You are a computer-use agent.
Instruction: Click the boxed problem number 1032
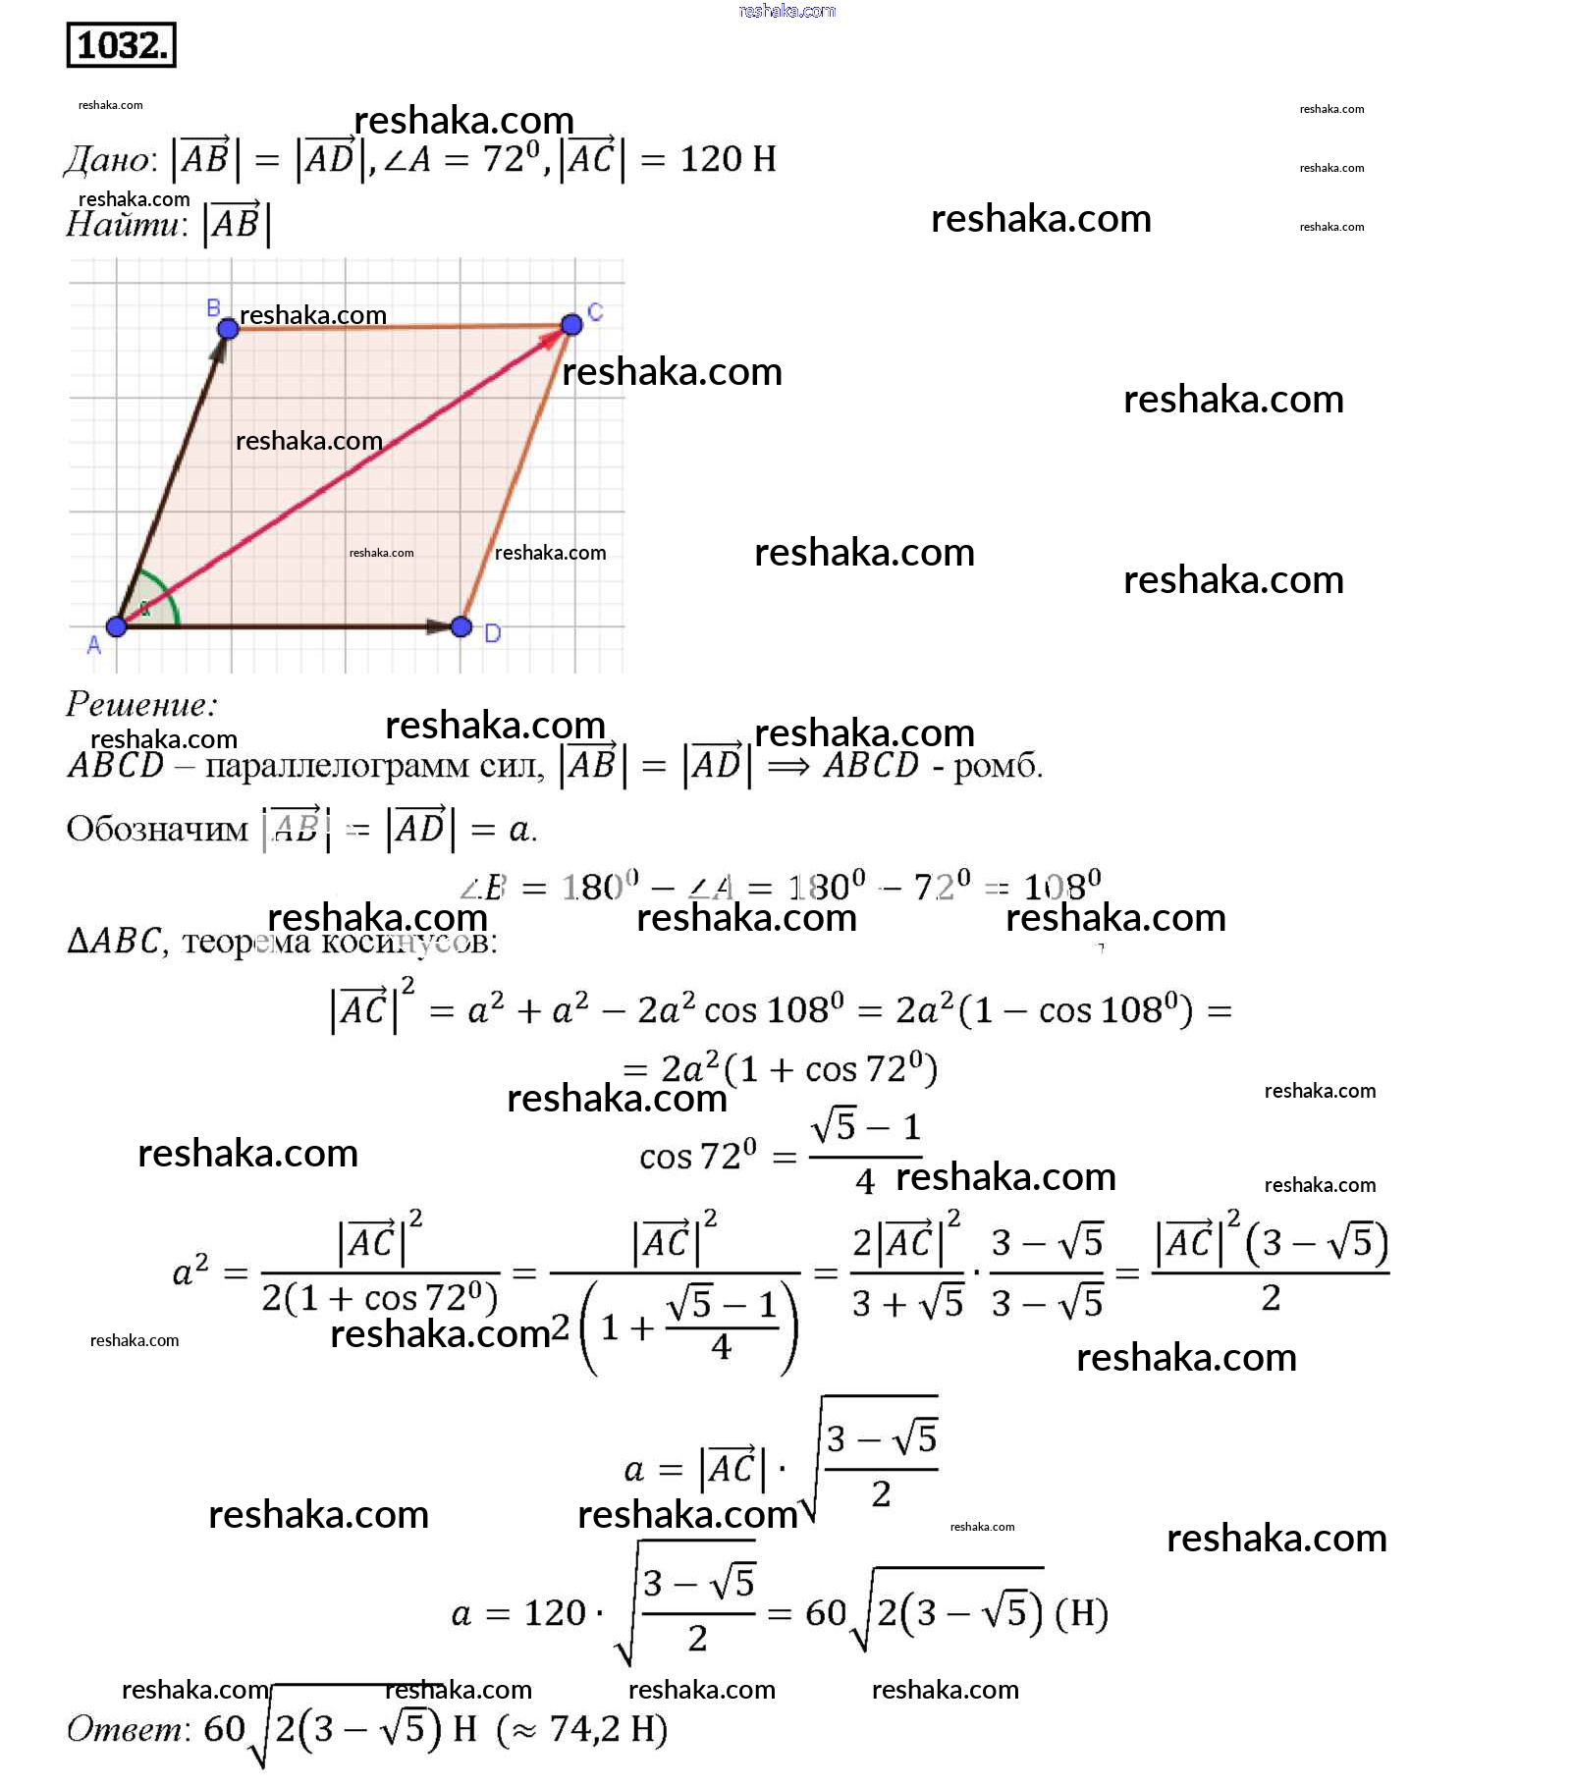(x=121, y=45)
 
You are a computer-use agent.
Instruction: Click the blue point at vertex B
(x=227, y=328)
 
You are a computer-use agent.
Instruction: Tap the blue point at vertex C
(x=571, y=324)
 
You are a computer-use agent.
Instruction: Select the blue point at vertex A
(x=117, y=625)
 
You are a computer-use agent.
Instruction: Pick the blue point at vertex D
(x=461, y=626)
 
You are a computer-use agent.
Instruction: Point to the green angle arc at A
(x=167, y=595)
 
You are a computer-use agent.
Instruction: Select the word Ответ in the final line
(x=127, y=1728)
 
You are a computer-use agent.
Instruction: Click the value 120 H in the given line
(x=728, y=159)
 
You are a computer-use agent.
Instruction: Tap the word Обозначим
(x=157, y=829)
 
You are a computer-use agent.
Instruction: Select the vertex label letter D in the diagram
(x=493, y=634)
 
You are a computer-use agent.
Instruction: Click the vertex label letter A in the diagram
(x=94, y=645)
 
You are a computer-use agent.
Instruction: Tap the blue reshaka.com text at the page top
(x=786, y=11)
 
